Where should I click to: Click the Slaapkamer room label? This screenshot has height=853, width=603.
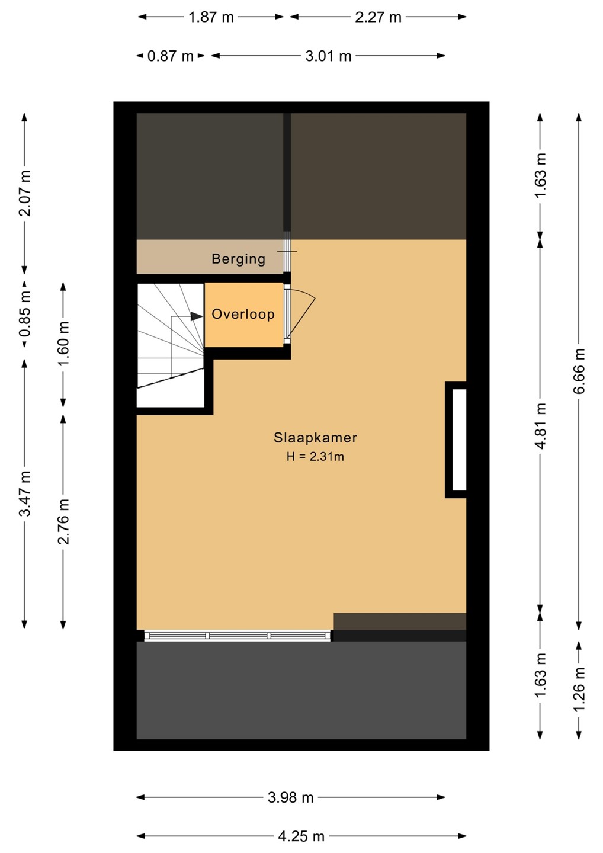315,438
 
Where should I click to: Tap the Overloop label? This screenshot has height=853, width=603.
243,314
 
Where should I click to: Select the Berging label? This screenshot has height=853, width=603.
239,259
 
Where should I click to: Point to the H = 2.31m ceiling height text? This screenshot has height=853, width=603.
315,456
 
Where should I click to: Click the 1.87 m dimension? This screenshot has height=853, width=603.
211,17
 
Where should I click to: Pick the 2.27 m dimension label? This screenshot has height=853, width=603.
378,17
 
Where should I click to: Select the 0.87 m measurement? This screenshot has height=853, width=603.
171,56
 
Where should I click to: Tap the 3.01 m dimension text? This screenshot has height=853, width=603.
328,56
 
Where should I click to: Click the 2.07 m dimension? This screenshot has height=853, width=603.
25,194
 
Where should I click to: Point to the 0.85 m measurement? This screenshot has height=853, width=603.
25,314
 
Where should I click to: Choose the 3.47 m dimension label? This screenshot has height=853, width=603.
25,493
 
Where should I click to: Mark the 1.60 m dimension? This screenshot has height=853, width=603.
63,344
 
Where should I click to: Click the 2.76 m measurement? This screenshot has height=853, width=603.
63,521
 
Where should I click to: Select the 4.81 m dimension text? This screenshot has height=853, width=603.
541,426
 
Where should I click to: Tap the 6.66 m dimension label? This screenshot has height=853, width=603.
579,371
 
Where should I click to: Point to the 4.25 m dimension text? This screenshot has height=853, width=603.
301,836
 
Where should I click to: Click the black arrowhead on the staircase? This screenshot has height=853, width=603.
197,316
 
